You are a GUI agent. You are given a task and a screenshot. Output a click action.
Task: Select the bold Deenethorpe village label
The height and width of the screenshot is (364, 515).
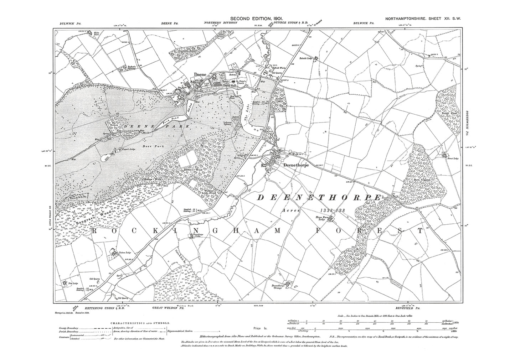[295, 165]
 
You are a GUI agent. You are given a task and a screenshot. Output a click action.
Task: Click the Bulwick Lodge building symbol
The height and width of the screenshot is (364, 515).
[315, 58]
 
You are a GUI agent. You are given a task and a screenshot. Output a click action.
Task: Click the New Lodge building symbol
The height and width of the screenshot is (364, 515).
[65, 283]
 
